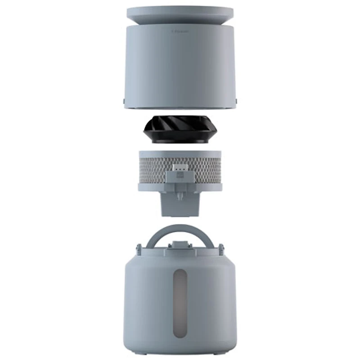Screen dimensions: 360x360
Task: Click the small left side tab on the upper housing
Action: coord(124,101)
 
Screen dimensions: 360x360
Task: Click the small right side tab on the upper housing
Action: coord(236,101)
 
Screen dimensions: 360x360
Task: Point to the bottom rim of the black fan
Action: coord(180,141)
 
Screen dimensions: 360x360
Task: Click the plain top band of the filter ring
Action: coord(180,153)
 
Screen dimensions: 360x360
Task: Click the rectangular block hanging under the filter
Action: coord(180,205)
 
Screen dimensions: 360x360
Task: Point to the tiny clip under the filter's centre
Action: coord(180,196)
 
